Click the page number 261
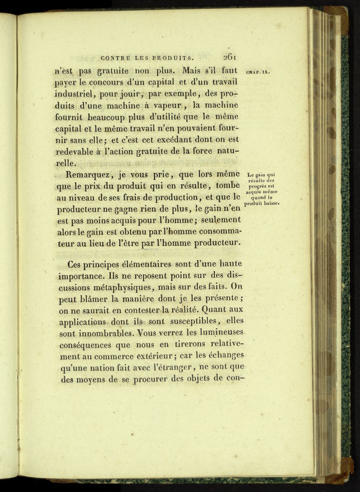tap(229, 57)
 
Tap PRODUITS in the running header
tap(172, 58)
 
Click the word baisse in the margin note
tap(269, 204)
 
